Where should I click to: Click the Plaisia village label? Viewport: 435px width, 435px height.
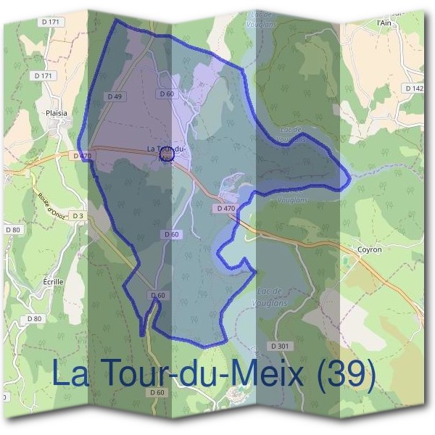coord(55,113)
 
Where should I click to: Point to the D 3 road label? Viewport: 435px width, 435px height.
coord(78,216)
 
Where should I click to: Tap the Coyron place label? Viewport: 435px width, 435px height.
coord(369,249)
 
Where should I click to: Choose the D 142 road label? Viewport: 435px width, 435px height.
coord(415,88)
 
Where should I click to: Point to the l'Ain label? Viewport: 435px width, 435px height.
coord(384,22)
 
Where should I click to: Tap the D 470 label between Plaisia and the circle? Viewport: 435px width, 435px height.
coord(81,155)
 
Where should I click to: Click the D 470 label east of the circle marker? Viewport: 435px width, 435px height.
coord(226,209)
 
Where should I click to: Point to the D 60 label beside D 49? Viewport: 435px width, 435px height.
coord(166,94)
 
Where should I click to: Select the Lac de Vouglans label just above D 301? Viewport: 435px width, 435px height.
coord(272,296)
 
